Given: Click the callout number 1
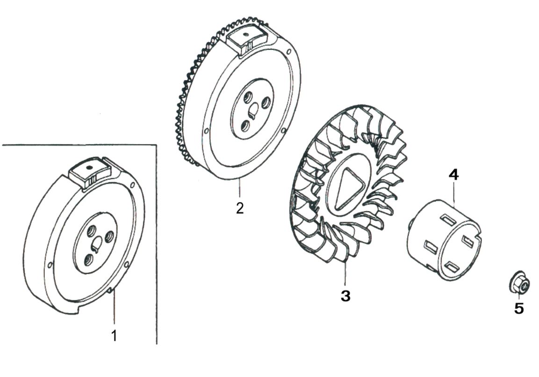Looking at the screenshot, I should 114,335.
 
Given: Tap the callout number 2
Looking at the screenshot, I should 239,208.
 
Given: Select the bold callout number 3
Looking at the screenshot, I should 345,296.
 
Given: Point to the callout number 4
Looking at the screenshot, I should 453,175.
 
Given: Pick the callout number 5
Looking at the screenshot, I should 519,308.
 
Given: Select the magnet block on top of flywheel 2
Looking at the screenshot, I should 247,38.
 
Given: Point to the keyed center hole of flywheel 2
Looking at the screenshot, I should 253,110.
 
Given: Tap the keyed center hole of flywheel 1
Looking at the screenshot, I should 97,242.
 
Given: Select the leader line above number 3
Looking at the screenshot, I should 345,274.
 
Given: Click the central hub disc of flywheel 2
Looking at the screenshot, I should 252,109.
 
